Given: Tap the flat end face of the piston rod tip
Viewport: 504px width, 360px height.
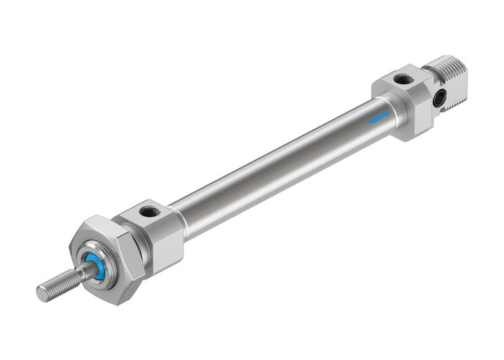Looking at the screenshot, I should point(41,294).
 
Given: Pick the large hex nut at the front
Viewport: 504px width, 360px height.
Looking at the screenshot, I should point(101,241).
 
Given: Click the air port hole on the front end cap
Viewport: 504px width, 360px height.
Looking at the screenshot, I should point(150,212).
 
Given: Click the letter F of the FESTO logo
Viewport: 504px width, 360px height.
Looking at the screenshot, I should point(372,122).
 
